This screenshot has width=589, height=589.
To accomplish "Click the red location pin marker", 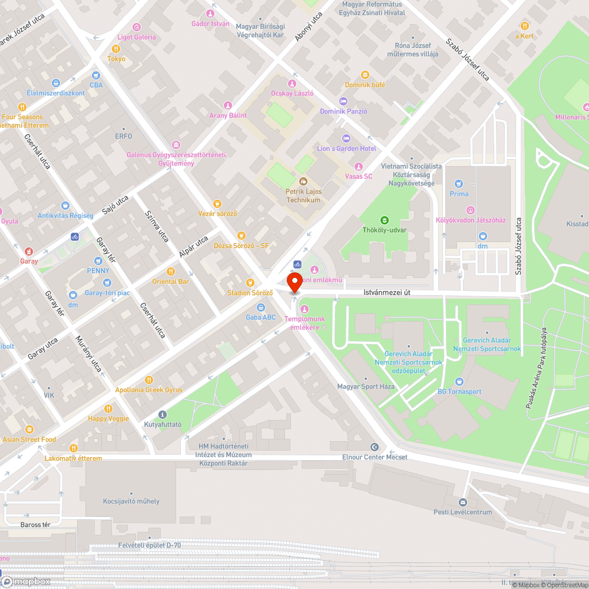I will point(294,282).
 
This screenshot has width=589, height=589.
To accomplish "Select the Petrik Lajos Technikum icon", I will point(303,181).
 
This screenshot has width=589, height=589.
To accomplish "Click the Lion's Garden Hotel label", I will point(346,148).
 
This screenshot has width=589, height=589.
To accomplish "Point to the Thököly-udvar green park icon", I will point(385,220).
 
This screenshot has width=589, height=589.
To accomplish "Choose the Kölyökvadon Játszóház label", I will point(470,220).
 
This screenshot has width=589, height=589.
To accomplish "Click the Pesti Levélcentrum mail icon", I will point(462,502).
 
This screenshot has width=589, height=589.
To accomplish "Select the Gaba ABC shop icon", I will point(260,307).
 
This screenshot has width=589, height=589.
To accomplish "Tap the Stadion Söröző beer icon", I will point(250,283).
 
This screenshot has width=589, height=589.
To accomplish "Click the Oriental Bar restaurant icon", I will point(171,272).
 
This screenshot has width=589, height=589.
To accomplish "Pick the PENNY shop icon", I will point(98,260).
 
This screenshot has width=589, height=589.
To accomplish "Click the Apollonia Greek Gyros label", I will point(148,390).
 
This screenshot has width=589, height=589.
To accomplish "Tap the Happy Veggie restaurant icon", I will point(108,408).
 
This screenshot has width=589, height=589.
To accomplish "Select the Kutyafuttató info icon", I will point(163,414).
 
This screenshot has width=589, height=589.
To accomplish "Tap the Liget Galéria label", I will point(137,37).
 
